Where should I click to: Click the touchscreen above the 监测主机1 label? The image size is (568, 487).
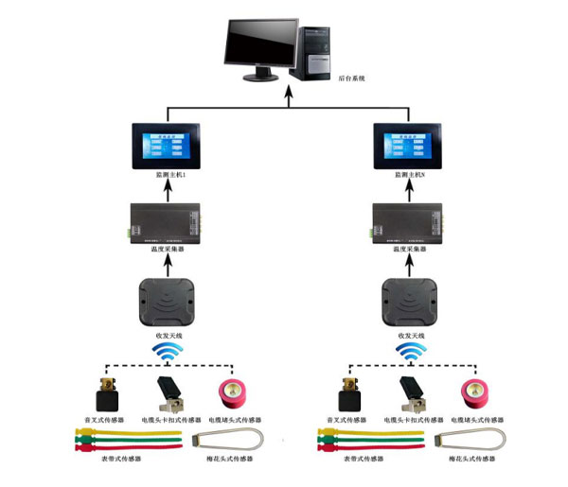pos(168,148)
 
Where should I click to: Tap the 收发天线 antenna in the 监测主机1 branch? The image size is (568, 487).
pos(168,300)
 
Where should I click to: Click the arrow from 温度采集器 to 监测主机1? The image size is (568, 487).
pos(168,191)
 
